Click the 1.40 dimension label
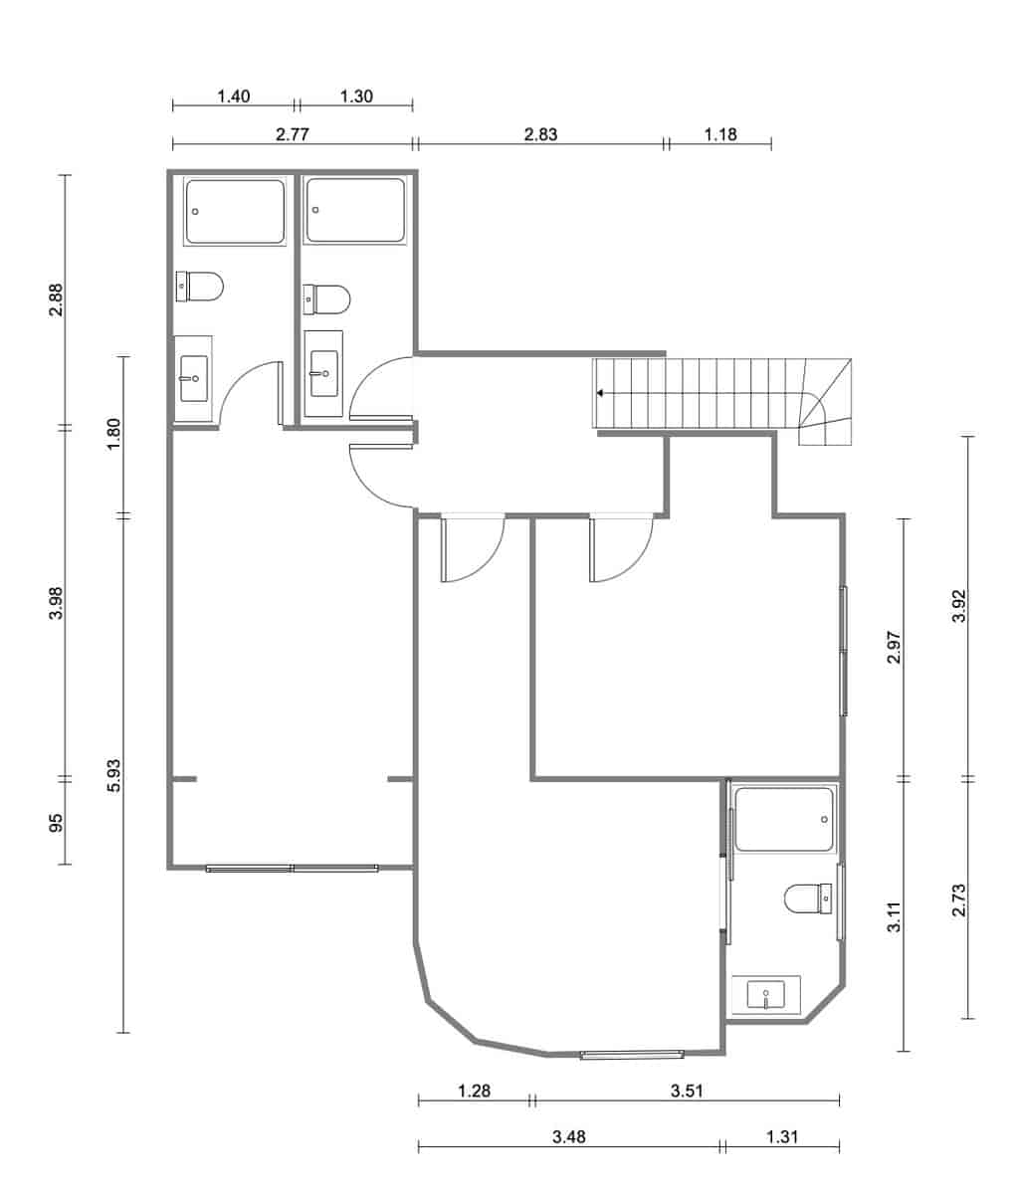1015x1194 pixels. pyautogui.click(x=233, y=97)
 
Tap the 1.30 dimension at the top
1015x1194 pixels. pyautogui.click(x=355, y=97)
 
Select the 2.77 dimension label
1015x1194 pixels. pyautogui.click(x=292, y=135)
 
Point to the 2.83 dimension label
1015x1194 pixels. pyautogui.click(x=540, y=135)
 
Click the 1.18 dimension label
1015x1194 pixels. pyautogui.click(x=719, y=135)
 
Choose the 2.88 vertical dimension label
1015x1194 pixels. pyautogui.click(x=57, y=300)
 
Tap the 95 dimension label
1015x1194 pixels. pyautogui.click(x=57, y=822)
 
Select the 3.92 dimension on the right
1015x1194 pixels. pyautogui.click(x=959, y=605)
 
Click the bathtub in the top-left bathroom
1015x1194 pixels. pyautogui.click(x=236, y=211)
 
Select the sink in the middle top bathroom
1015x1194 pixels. pyautogui.click(x=323, y=374)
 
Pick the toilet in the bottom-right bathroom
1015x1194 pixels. pyautogui.click(x=807, y=898)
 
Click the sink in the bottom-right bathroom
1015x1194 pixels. pyautogui.click(x=765, y=994)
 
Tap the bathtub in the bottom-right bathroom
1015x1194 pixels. pyautogui.click(x=784, y=819)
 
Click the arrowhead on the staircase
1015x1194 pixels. pyautogui.click(x=601, y=393)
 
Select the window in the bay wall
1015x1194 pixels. pyautogui.click(x=632, y=1053)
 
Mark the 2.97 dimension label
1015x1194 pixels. pyautogui.click(x=895, y=647)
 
